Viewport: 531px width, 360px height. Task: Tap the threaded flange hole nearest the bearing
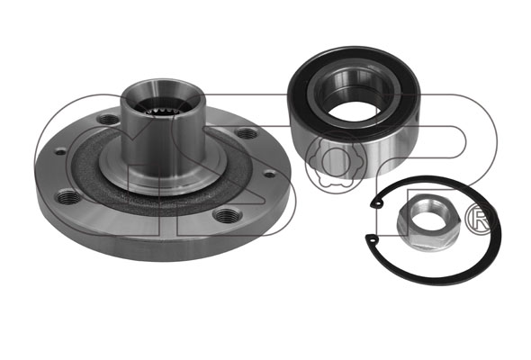tap(247, 133)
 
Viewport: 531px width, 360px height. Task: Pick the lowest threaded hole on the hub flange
tap(227, 214)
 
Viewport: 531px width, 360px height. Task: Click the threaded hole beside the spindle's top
tap(108, 119)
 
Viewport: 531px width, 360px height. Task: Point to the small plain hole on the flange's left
tap(60, 151)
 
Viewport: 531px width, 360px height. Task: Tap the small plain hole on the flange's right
tap(270, 174)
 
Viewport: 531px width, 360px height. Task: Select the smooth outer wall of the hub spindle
tap(163, 142)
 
